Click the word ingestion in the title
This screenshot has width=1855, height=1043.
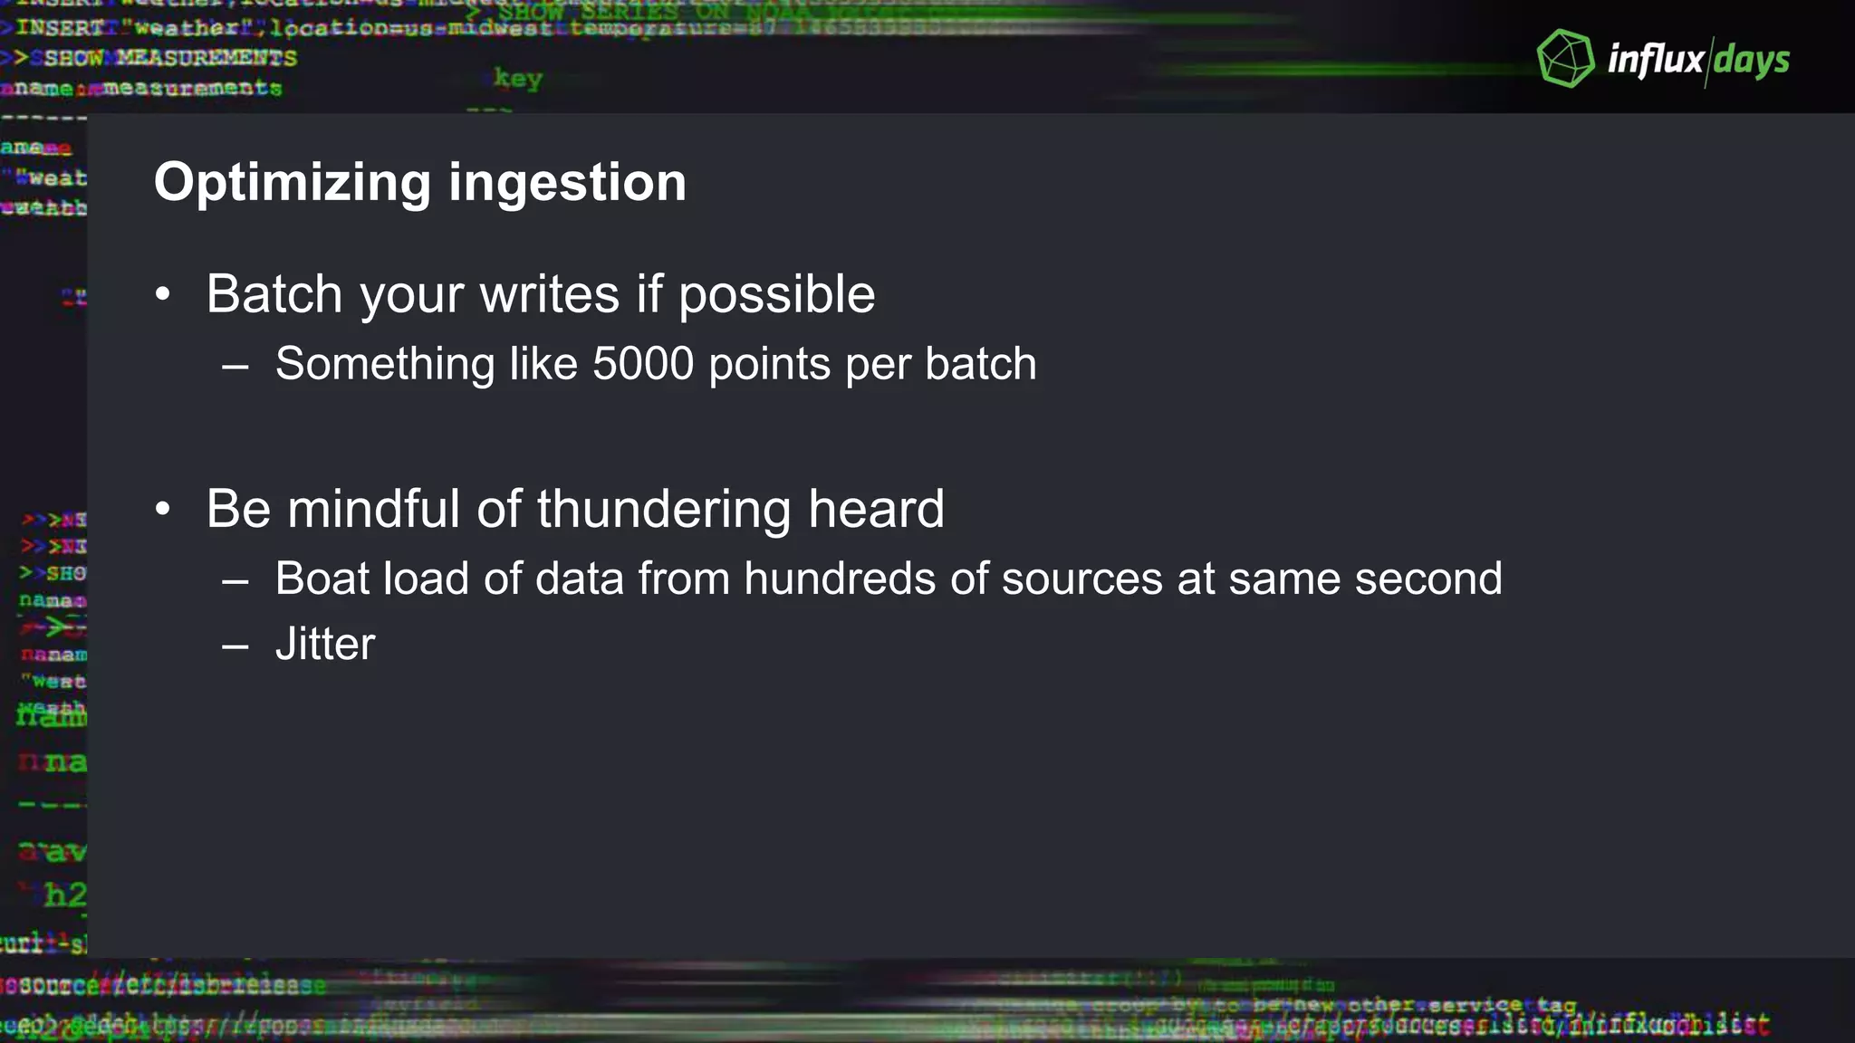[567, 184]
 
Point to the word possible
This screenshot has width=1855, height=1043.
[776, 296]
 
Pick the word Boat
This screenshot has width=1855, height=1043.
[322, 579]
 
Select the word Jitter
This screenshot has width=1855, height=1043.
[325, 645]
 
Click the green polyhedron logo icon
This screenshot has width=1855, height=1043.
[1565, 59]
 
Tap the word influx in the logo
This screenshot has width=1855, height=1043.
[1655, 60]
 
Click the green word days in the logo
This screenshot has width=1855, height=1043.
[1752, 60]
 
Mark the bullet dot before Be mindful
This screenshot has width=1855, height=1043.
[162, 509]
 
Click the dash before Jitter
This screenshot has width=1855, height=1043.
[235, 646]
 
